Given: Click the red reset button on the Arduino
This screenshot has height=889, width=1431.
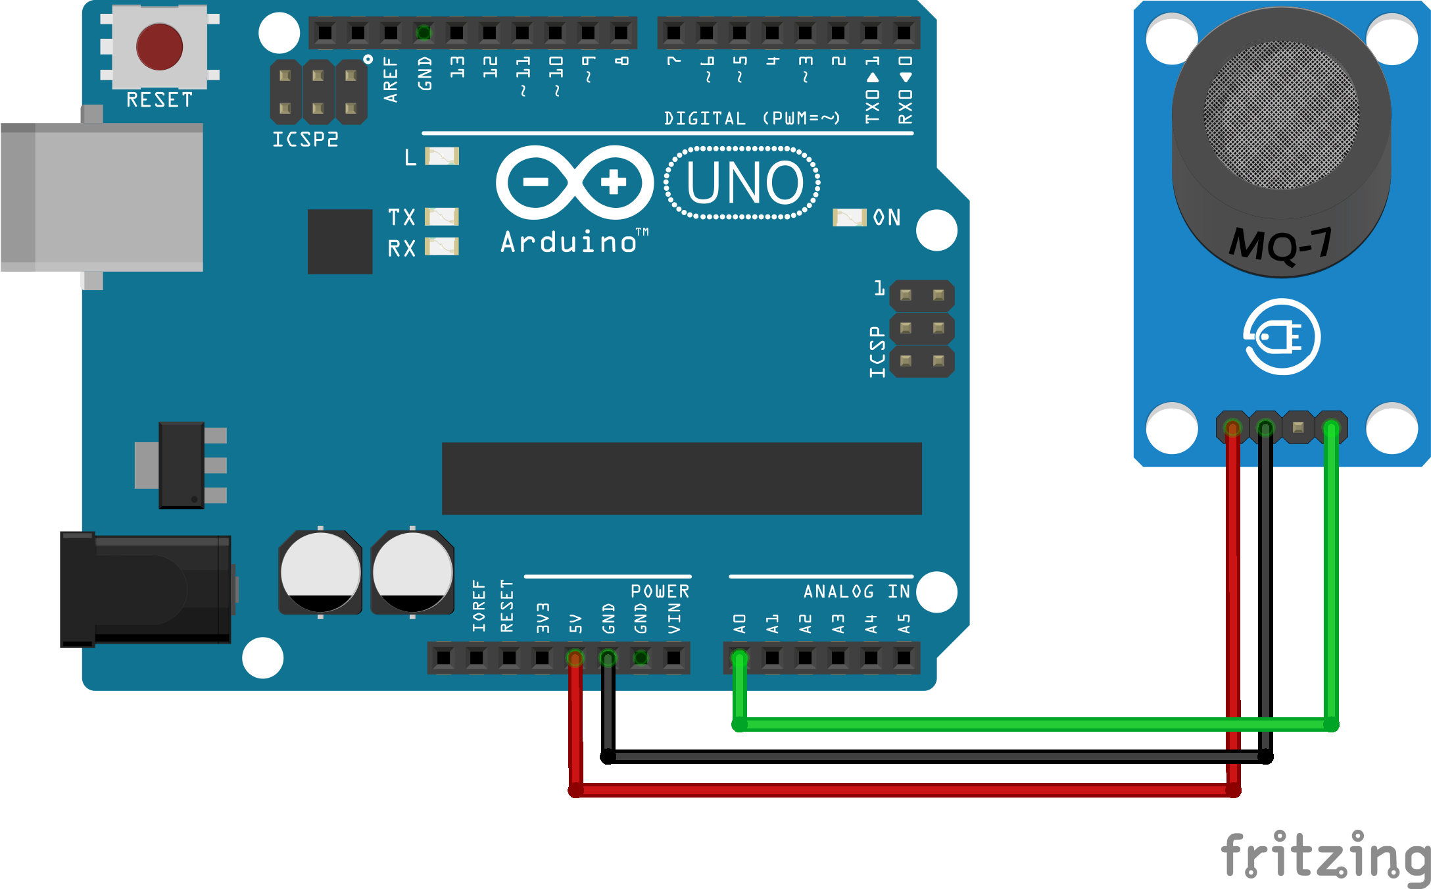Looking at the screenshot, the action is click(x=159, y=47).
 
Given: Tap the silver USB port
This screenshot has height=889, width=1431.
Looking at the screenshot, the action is click(x=102, y=197).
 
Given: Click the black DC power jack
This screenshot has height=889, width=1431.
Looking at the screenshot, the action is click(x=145, y=590).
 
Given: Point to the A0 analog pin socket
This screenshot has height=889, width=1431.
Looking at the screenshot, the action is click(x=739, y=657).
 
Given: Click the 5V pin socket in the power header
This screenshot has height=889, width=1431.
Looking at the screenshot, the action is click(x=575, y=657).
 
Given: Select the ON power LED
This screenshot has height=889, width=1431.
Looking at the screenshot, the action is click(x=849, y=218).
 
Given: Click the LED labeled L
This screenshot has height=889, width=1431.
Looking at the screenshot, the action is click(x=442, y=156).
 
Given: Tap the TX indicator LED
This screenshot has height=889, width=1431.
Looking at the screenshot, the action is click(x=442, y=216).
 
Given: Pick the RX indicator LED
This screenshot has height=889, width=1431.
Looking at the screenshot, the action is click(x=442, y=247).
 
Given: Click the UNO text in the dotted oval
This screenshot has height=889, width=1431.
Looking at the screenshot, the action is click(x=744, y=182).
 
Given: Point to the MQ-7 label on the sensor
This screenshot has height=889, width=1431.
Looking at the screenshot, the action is click(x=1280, y=244).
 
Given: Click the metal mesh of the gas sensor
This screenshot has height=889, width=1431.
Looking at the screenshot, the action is click(x=1281, y=115).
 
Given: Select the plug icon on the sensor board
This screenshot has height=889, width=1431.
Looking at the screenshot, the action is click(x=1282, y=337).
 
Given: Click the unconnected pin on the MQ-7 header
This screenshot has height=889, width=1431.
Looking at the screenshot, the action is click(x=1298, y=428).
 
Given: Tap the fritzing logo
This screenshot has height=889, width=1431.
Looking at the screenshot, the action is click(x=1325, y=857).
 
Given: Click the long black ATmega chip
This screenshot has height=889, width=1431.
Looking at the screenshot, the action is click(x=682, y=478).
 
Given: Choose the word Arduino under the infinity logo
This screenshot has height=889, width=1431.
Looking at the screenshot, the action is click(x=570, y=242).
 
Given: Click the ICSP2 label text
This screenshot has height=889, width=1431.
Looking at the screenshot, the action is click(x=306, y=140).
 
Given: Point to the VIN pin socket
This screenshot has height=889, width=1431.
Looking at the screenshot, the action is click(x=673, y=657).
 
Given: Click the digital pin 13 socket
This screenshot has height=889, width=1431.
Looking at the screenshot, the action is click(x=456, y=32).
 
